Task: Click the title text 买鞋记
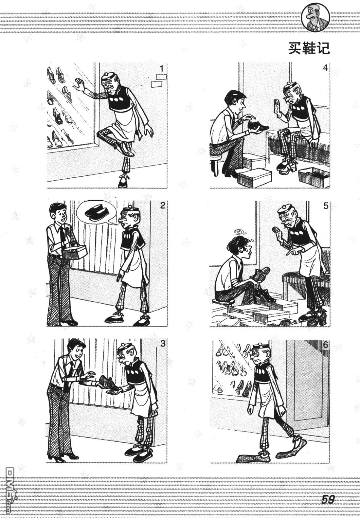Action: click(309, 48)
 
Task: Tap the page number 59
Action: click(328, 500)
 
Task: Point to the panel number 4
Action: click(325, 68)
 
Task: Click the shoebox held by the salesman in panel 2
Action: click(75, 252)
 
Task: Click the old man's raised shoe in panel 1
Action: click(125, 149)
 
